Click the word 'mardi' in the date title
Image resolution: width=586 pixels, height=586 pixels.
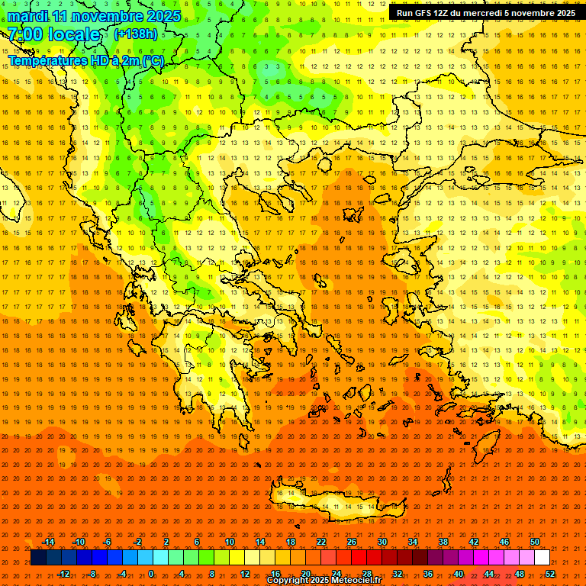point(27,16)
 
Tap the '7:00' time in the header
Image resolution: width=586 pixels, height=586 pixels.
point(25,34)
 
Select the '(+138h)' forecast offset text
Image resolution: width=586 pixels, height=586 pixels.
point(135,34)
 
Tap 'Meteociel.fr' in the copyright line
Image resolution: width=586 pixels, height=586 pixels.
point(351,581)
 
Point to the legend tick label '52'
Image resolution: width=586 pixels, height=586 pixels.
point(550,574)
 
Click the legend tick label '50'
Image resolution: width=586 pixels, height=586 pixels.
point(535,542)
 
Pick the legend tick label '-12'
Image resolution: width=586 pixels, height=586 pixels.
point(63,574)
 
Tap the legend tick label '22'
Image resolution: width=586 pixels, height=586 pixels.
point(321,542)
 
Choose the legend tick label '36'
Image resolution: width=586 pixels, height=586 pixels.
point(428,574)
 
